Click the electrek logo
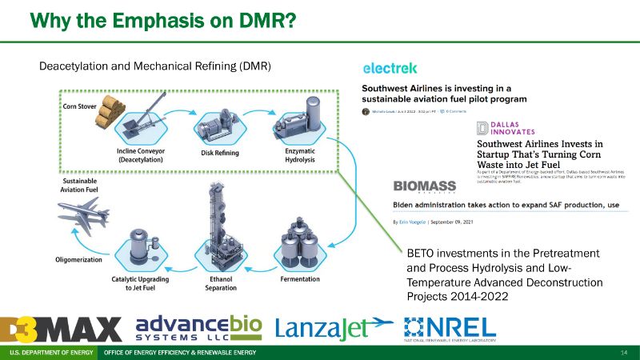390,68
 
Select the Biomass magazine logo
425,186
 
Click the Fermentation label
300,279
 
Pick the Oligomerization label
78,258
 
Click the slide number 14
624,353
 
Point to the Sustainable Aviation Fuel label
80,186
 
